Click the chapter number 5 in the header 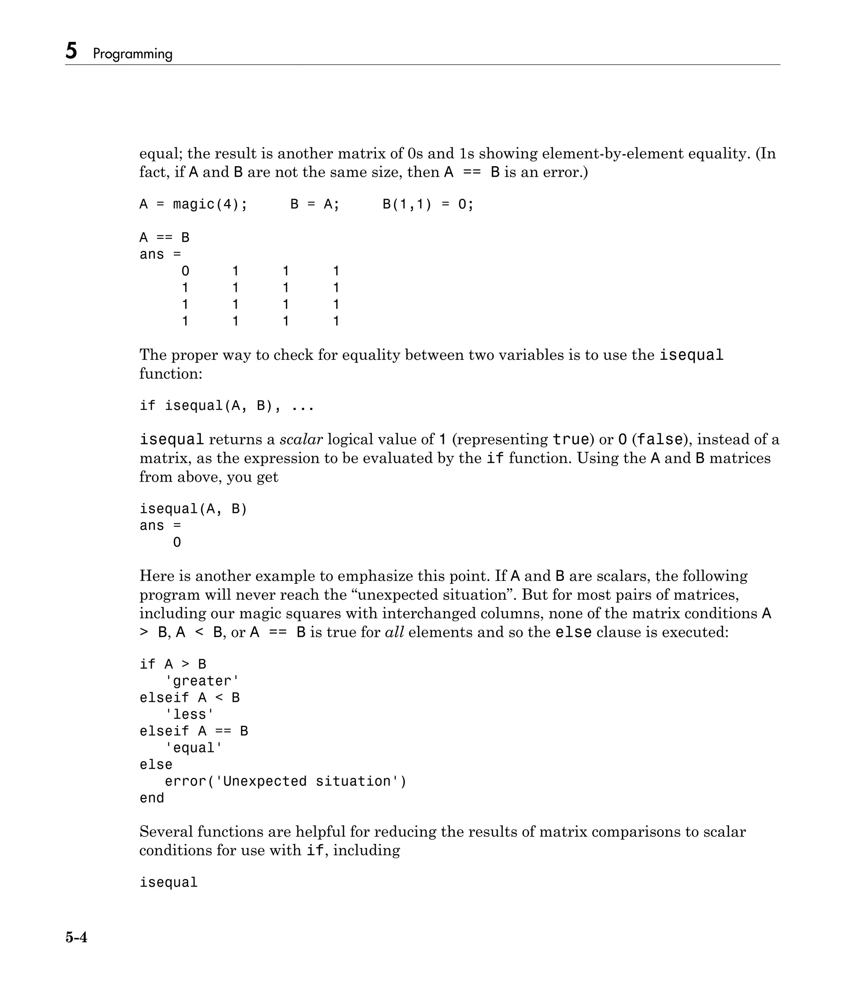(x=71, y=51)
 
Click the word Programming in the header (x=133, y=54)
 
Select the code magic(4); (x=210, y=204)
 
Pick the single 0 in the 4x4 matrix (x=185, y=271)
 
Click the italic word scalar (x=301, y=439)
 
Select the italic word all (x=394, y=632)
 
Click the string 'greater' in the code (x=202, y=681)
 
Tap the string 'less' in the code (x=189, y=715)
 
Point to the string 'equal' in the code (x=194, y=748)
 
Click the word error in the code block (x=186, y=781)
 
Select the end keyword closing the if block (x=152, y=798)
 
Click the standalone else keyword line (x=156, y=764)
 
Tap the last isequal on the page (x=168, y=882)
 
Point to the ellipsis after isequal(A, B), (x=303, y=406)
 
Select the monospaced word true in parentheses (x=570, y=439)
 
